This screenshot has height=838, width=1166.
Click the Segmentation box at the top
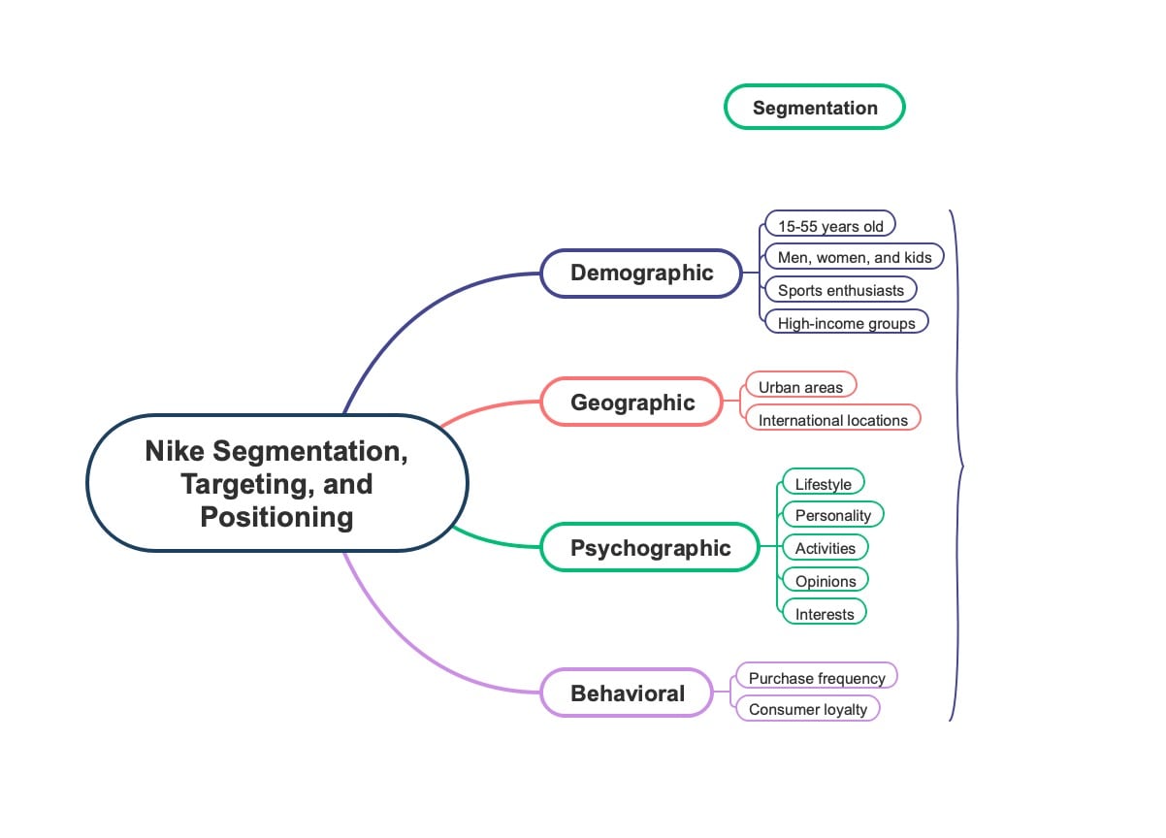(815, 108)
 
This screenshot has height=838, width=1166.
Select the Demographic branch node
(641, 273)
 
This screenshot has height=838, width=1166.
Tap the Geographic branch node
(632, 403)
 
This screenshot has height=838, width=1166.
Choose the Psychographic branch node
(650, 548)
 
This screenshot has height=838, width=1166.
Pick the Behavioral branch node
(628, 693)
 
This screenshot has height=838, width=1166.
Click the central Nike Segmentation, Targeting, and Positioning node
(276, 484)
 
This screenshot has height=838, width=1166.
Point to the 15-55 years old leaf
(830, 226)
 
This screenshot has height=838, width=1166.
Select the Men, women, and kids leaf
(854, 257)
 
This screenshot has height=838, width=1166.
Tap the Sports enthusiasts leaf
(840, 290)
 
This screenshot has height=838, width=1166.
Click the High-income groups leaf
(846, 323)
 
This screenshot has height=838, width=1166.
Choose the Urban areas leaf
(800, 387)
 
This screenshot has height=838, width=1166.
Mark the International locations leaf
(832, 420)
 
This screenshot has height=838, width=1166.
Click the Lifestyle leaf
(823, 484)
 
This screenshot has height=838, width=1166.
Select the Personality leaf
(832, 515)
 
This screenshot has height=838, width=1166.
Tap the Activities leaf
(825, 548)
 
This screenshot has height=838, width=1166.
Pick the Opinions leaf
(825, 581)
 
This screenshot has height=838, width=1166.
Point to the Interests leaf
(824, 614)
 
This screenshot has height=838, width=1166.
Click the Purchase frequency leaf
(816, 678)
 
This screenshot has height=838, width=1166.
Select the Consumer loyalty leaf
(807, 709)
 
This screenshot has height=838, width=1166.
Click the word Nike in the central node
(174, 451)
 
